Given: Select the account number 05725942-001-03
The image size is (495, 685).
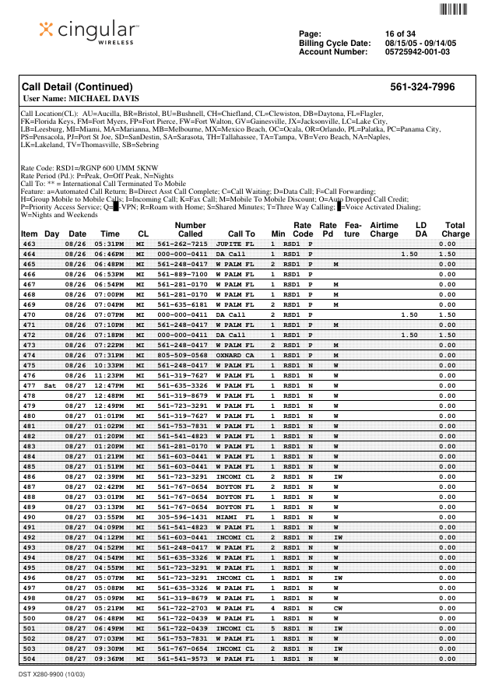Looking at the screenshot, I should click(417, 51).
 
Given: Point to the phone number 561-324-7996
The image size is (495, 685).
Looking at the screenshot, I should click(423, 87).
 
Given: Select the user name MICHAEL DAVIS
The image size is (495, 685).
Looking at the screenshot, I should click(82, 99).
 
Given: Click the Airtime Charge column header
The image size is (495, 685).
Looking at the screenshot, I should click(384, 230).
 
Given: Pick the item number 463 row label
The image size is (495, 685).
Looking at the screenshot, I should click(29, 244).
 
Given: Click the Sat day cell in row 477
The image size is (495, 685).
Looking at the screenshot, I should click(51, 386).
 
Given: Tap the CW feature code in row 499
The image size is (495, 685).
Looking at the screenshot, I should click(338, 608).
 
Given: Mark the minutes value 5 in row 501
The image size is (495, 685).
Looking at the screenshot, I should click(273, 628).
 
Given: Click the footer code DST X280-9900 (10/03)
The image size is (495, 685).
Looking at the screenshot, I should click(52, 673).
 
